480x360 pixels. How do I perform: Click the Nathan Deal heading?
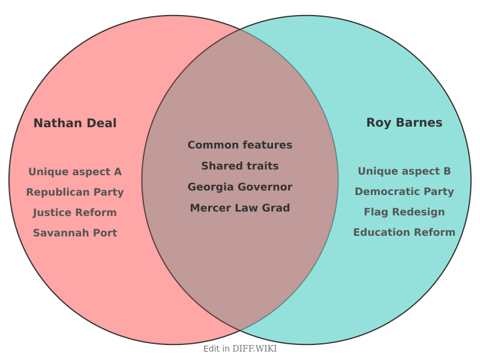tap(75, 123)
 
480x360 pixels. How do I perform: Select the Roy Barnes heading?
tap(404, 123)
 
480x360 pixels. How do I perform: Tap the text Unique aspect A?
tap(75, 172)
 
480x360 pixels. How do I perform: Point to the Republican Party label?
tap(75, 192)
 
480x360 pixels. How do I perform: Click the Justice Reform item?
tap(75, 212)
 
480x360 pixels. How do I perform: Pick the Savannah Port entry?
tap(75, 233)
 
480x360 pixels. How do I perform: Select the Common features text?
tap(240, 145)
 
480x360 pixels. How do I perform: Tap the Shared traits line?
tap(240, 166)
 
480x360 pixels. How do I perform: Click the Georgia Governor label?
tap(240, 187)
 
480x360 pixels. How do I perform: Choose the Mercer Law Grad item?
tap(240, 208)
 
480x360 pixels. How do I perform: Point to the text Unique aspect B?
tap(404, 171)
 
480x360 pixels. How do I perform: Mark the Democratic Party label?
tap(404, 191)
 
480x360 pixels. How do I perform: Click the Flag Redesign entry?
tap(404, 212)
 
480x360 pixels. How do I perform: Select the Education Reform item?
tap(404, 232)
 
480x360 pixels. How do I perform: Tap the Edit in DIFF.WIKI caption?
tap(240, 349)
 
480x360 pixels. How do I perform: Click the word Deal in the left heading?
tap(101, 123)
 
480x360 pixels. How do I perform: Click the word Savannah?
tap(61, 233)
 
